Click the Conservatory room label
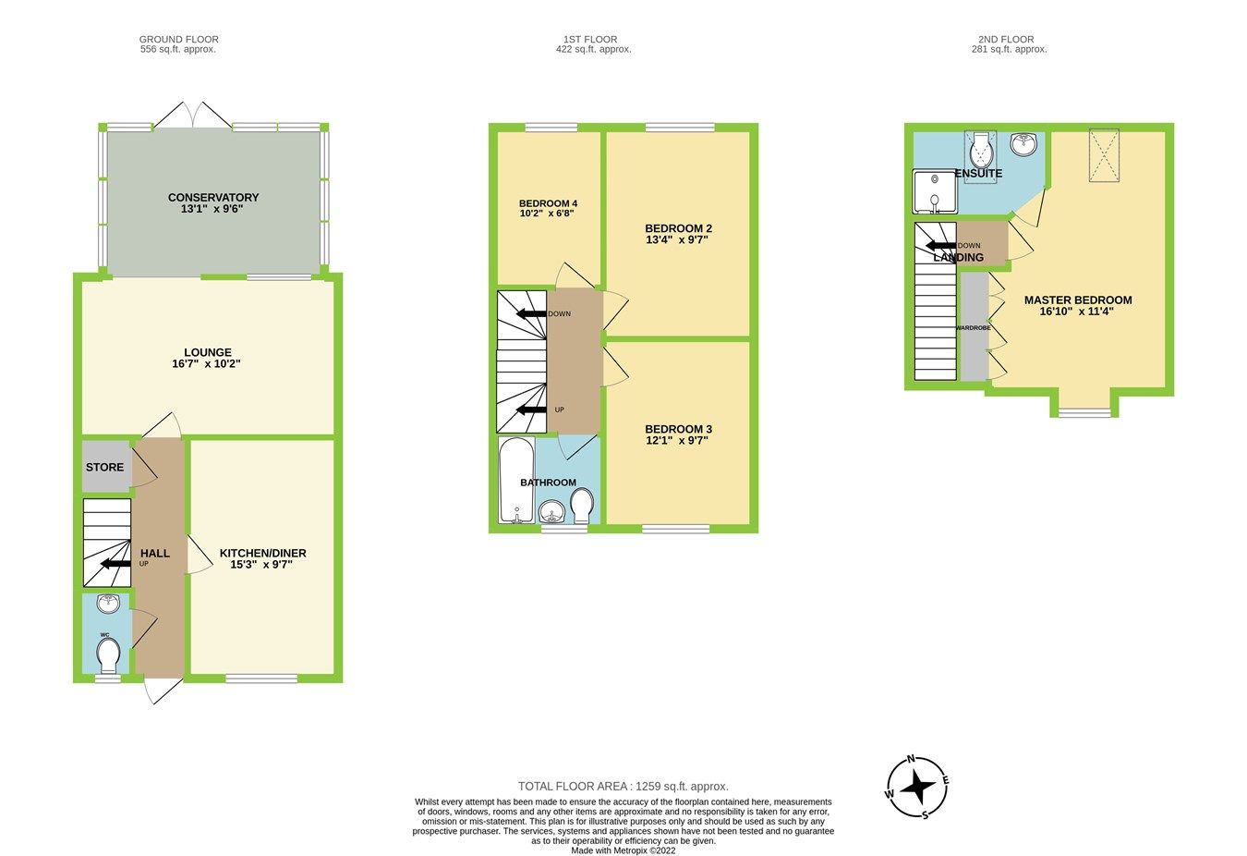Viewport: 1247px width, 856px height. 212,197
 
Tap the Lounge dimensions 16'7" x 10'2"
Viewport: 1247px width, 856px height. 207,364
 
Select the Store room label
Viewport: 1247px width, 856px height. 104,468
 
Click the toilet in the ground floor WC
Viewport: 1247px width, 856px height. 108,654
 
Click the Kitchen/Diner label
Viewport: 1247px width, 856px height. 262,553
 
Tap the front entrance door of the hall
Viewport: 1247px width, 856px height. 162,691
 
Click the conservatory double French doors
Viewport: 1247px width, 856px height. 191,116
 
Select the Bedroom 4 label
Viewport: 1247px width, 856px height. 548,203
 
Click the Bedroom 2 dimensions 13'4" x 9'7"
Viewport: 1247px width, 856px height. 678,240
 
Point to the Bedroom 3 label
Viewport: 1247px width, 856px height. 678,429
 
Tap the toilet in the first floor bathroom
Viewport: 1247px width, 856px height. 582,505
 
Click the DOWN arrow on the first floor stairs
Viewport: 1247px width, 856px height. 532,314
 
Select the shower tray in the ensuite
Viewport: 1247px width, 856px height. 934,191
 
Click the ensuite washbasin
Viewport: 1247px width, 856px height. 1023,144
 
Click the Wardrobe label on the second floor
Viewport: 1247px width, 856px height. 973,327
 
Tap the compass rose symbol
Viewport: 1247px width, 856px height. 917,788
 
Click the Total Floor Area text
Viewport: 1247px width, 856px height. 623,787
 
